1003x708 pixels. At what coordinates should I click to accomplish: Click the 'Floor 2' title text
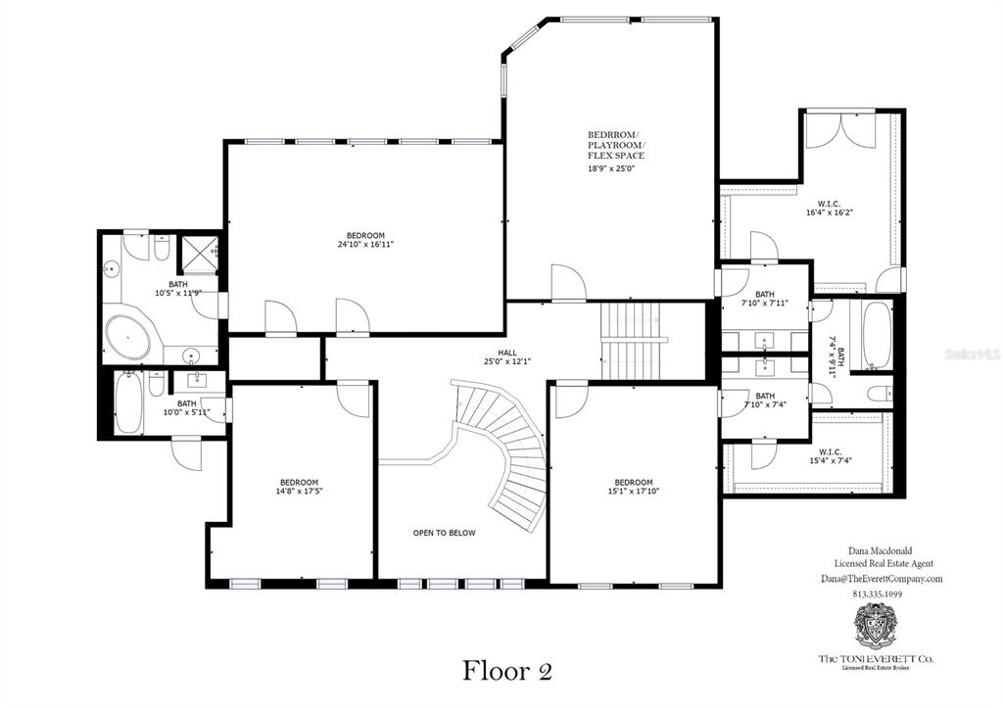pyautogui.click(x=507, y=671)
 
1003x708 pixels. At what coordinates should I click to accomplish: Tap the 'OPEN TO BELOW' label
pyautogui.click(x=444, y=533)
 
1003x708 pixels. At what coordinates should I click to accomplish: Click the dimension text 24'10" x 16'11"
pyautogui.click(x=365, y=245)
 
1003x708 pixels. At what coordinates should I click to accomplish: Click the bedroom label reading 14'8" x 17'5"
pyautogui.click(x=299, y=487)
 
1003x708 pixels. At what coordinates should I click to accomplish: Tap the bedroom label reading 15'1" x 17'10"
pyautogui.click(x=634, y=487)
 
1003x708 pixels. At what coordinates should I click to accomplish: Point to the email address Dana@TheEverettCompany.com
pyautogui.click(x=882, y=579)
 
